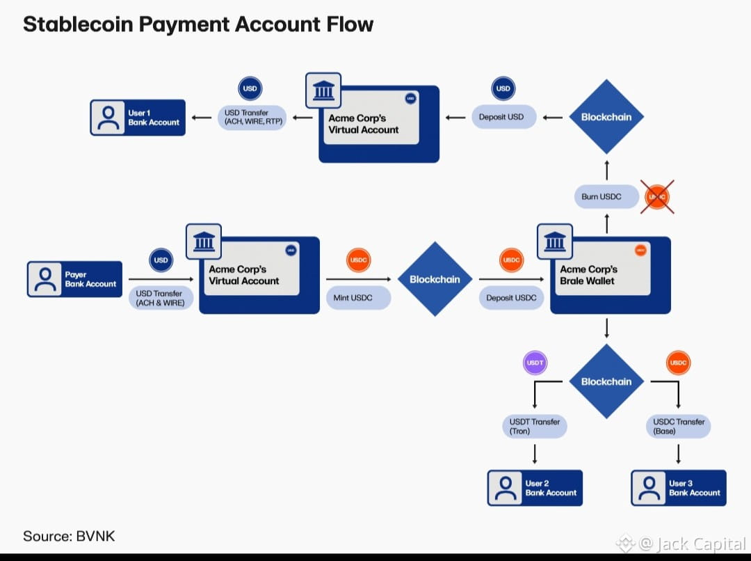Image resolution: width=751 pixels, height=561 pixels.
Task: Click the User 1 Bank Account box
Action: point(138,118)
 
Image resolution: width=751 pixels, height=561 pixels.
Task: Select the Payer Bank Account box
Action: point(74,279)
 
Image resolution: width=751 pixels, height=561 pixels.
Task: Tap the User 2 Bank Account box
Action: point(535,488)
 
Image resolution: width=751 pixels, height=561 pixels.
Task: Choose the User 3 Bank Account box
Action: point(679,488)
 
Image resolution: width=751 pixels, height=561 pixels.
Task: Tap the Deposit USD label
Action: point(501,117)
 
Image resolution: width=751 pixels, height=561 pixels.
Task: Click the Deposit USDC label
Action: point(511,298)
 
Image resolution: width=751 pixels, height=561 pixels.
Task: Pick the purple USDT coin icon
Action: point(535,363)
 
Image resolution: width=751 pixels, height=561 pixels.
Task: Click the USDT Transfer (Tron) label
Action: point(534,426)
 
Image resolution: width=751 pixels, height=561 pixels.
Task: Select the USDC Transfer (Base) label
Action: point(679,426)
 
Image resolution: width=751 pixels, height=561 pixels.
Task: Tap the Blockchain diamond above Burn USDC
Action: point(606,117)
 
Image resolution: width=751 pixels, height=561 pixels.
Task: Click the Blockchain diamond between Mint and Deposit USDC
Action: point(435,279)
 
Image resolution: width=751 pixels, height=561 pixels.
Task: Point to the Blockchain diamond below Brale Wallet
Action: point(606,381)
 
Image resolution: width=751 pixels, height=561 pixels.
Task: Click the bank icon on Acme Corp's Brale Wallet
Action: point(555,242)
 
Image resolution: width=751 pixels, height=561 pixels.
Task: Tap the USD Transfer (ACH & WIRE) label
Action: point(161,298)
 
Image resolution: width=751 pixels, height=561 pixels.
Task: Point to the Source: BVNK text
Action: point(69,536)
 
